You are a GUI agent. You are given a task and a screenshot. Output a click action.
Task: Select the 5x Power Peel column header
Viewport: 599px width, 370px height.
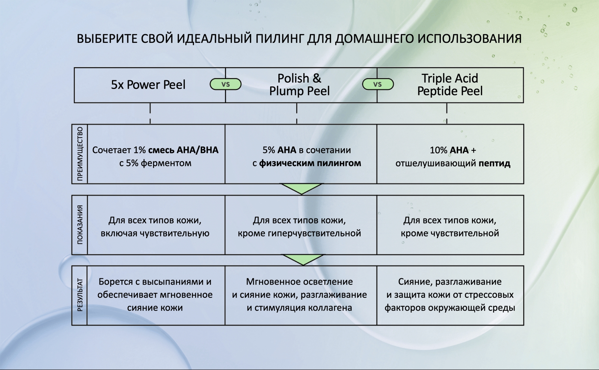[148, 85]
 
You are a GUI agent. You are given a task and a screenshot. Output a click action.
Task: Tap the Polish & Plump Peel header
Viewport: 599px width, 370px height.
[299, 85]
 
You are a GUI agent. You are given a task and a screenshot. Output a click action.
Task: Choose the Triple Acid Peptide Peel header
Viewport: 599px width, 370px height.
[450, 85]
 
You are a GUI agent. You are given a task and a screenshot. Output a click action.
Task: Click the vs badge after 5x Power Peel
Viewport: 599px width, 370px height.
[225, 84]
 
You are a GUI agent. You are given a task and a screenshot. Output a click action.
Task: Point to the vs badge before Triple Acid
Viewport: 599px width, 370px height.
[378, 84]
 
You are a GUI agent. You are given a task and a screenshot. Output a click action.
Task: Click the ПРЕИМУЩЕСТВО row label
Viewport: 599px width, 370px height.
[80, 154]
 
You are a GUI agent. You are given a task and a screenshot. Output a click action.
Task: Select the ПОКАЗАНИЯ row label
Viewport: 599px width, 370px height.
[80, 225]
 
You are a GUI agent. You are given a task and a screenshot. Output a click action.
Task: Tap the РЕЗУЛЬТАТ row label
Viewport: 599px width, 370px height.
[80, 295]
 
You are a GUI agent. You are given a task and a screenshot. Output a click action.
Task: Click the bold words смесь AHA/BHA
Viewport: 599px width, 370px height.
[183, 150]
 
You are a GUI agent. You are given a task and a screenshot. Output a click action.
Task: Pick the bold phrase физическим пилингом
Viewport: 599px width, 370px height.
[310, 163]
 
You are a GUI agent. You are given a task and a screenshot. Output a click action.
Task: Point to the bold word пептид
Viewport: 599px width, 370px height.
[494, 163]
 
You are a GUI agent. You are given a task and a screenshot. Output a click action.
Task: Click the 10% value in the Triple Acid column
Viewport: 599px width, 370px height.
[438, 150]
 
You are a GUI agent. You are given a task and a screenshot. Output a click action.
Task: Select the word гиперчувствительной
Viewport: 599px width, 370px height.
[314, 233]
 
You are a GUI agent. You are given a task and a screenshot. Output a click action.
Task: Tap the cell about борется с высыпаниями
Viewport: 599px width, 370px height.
[155, 295]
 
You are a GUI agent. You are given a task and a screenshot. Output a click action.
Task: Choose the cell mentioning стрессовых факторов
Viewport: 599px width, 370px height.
[450, 295]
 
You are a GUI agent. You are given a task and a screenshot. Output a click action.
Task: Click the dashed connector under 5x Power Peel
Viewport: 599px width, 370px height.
[150, 113]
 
